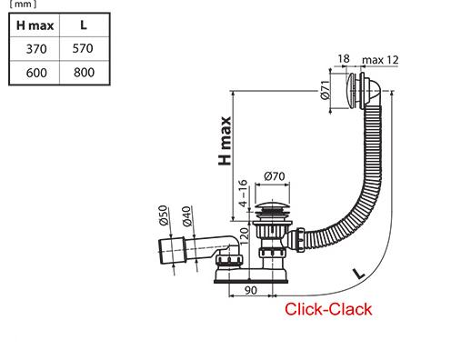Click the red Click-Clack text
(x=328, y=309)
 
